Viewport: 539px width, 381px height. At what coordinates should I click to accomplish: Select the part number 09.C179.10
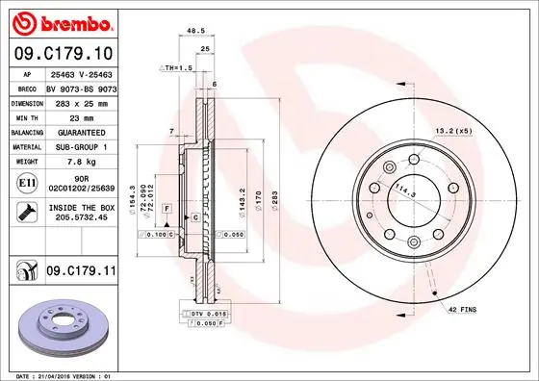64,51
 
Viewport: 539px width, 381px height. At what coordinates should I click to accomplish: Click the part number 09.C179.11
81,274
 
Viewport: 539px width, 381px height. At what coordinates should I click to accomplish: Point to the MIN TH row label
26,114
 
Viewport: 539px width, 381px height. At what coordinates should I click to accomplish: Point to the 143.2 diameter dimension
242,199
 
